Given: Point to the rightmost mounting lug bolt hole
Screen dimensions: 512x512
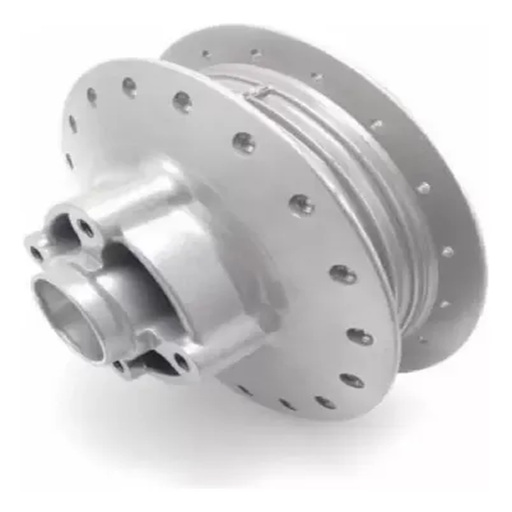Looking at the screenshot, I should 181,362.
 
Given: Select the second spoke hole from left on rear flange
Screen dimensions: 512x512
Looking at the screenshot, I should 255,53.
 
